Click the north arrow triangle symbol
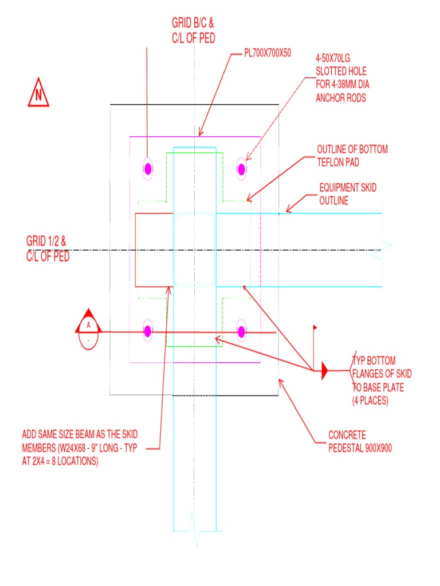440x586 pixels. click(x=38, y=95)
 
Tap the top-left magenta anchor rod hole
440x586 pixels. click(x=148, y=169)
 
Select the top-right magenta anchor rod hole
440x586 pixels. click(x=241, y=169)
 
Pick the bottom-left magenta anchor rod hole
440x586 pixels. click(x=148, y=331)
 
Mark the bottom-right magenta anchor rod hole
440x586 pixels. click(x=241, y=331)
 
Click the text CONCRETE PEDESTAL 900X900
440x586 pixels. click(x=360, y=441)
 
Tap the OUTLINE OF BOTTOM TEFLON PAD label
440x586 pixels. click(x=352, y=156)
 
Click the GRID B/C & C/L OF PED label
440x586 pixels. click(x=193, y=31)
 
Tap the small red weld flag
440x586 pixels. click(x=315, y=328)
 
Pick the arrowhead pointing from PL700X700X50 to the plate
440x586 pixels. click(x=199, y=133)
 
